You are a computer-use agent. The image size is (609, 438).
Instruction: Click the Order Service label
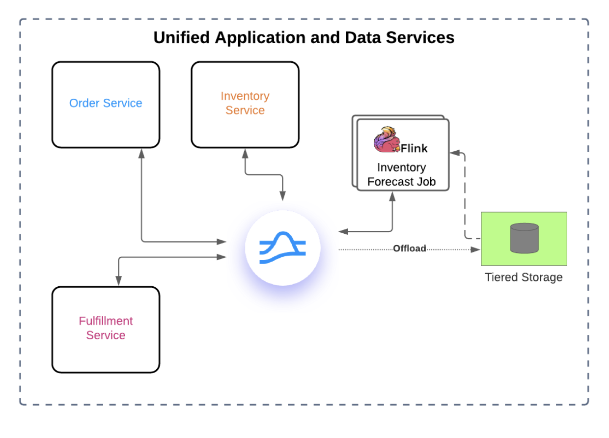pos(106,103)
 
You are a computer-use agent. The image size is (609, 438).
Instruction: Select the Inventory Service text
pos(245,103)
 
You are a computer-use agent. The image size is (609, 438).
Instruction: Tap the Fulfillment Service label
pos(106,328)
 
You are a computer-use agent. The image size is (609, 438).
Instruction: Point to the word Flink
pos(414,148)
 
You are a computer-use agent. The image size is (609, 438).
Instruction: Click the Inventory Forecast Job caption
pos(401,175)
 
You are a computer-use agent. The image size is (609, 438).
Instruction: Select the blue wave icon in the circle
pos(282,247)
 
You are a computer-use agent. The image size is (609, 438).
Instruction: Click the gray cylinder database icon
pos(524,238)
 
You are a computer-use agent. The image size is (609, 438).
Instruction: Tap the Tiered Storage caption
pos(524,277)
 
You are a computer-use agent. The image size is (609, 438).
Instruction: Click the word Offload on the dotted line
pos(410,249)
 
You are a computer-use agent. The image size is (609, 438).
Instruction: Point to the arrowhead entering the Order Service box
pos(141,153)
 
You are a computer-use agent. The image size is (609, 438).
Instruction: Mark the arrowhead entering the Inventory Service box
pos(245,153)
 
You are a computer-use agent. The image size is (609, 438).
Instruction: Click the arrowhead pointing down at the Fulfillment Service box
pos(118,280)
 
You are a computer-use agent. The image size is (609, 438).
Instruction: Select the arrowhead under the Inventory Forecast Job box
pos(392,196)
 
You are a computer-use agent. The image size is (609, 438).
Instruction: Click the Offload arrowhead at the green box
pos(475,249)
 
